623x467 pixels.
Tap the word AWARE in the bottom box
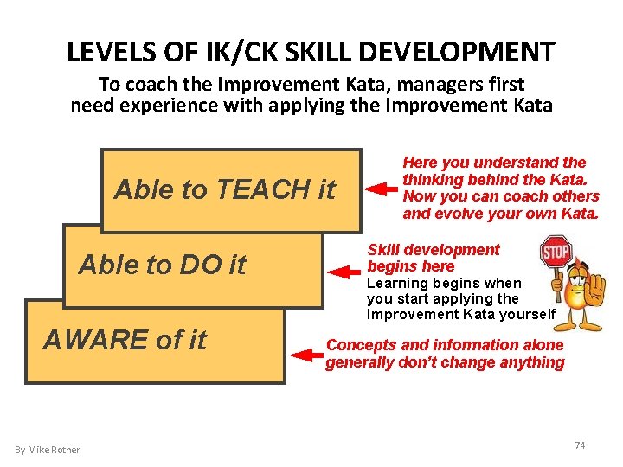[95, 340]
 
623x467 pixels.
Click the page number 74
[580, 445]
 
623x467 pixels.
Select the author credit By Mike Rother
[47, 450]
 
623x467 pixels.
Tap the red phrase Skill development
[434, 250]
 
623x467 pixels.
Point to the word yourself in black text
[525, 314]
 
